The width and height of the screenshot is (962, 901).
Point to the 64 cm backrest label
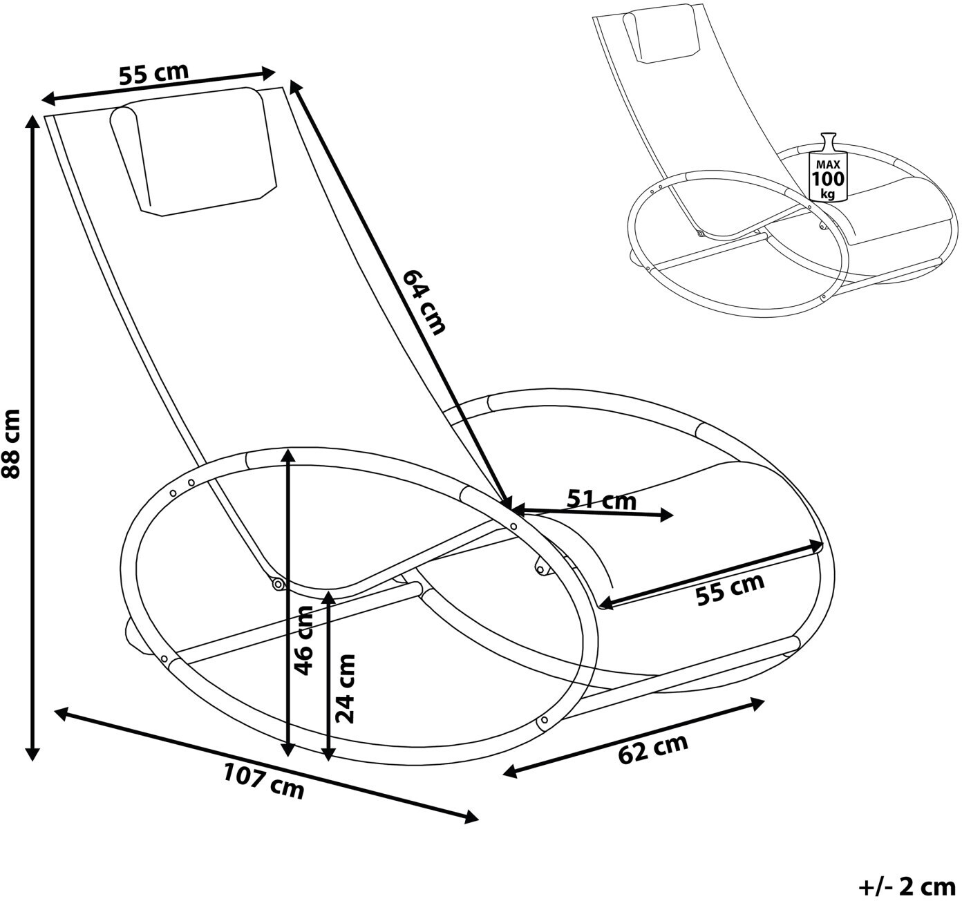coord(424,301)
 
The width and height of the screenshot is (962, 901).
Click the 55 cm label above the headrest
coord(153,73)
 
